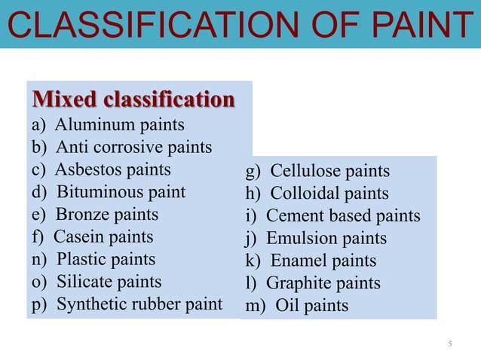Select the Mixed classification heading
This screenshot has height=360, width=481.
(132, 99)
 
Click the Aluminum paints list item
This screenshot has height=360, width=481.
(107, 124)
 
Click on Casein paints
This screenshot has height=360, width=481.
(92, 237)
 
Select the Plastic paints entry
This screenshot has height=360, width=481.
(93, 260)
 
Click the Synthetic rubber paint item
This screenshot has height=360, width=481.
(127, 305)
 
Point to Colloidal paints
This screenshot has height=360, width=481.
(317, 194)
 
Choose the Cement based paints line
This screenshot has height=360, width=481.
(332, 216)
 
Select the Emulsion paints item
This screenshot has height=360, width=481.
(316, 239)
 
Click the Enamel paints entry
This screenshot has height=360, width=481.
(311, 261)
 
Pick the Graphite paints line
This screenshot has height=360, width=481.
(313, 284)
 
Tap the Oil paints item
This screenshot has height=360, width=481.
(297, 306)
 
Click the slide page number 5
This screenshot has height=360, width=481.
(450, 345)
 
